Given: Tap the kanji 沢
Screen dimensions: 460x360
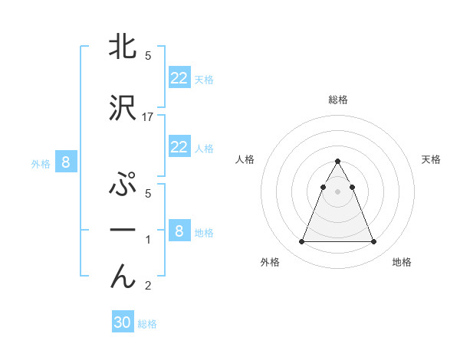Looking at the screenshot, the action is [x=123, y=109].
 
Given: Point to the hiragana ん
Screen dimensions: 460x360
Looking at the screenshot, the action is [x=123, y=277].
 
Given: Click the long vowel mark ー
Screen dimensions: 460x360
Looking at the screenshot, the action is [x=123, y=231].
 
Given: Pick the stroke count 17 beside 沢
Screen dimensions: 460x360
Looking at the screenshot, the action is [x=149, y=117].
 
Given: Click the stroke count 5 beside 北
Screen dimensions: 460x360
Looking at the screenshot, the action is [x=148, y=56].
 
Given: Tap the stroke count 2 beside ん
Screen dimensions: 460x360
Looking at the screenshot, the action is [x=148, y=286].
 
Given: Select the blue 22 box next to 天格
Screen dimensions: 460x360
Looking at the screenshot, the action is [x=179, y=78].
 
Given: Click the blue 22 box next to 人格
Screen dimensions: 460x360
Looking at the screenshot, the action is [x=179, y=147].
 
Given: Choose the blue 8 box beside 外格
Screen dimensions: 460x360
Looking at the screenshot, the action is [x=66, y=162].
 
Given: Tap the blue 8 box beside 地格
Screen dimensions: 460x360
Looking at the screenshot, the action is [x=179, y=231].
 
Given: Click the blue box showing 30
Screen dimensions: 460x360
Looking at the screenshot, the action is [x=123, y=322].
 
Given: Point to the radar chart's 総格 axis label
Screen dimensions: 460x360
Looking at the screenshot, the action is [x=338, y=100].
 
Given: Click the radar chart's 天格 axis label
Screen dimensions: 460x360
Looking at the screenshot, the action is [x=432, y=159].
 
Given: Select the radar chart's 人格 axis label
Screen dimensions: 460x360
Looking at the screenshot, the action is [x=245, y=159].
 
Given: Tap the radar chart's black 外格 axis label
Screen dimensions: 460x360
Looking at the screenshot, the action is [x=270, y=263].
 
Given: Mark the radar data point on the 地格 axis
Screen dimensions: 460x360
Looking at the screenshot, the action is [x=373, y=242].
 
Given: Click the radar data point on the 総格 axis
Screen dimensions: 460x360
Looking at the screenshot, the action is [x=338, y=161].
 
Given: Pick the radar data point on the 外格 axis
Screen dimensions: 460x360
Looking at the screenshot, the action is [x=302, y=242].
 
